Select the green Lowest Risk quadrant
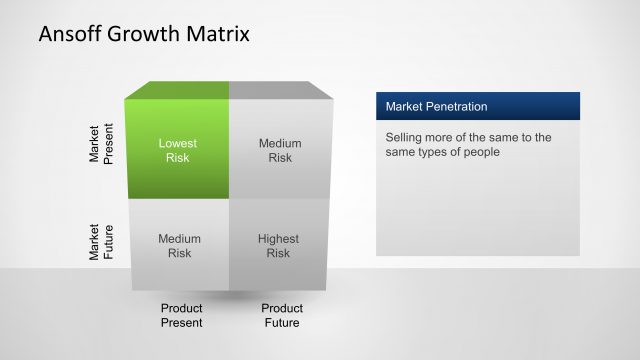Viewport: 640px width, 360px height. (178, 150)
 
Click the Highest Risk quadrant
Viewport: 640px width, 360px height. (279, 246)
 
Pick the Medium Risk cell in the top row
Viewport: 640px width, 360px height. (279, 150)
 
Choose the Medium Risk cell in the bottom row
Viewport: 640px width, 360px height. (179, 246)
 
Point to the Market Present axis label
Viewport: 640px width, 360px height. (101, 144)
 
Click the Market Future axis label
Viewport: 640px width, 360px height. (101, 242)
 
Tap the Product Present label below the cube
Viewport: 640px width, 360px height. (181, 315)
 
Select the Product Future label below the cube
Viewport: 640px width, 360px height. (282, 315)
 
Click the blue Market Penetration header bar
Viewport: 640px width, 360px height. (477, 106)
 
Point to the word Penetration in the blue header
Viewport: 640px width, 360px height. (456, 106)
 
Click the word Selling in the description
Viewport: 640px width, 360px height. (405, 137)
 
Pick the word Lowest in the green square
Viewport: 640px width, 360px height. (178, 143)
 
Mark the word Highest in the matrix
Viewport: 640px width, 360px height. (279, 239)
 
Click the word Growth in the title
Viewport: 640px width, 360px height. (145, 34)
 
